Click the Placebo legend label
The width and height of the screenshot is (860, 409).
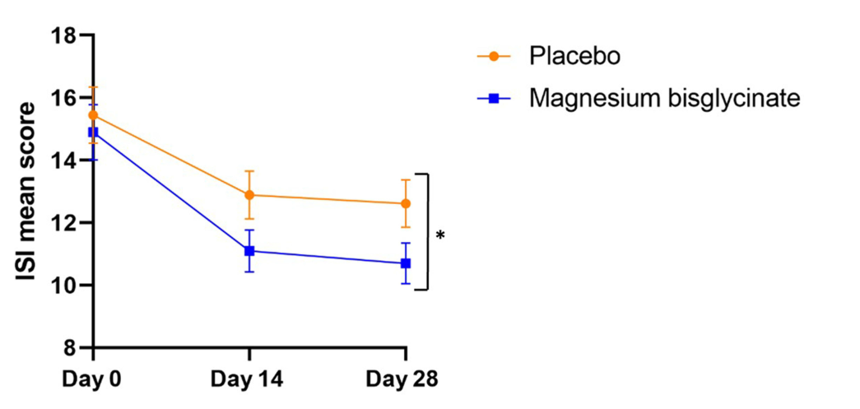[574, 57]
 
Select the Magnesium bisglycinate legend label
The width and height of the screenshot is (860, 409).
[665, 98]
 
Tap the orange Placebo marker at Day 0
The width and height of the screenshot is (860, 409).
[93, 115]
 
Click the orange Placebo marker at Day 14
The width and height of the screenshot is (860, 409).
[249, 195]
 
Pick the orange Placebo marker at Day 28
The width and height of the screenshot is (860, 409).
[406, 203]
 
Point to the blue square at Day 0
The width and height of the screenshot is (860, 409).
[93, 132]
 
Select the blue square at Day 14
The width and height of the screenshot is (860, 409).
[249, 251]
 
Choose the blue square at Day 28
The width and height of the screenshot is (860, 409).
[406, 263]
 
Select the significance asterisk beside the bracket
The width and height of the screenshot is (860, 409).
[440, 235]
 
